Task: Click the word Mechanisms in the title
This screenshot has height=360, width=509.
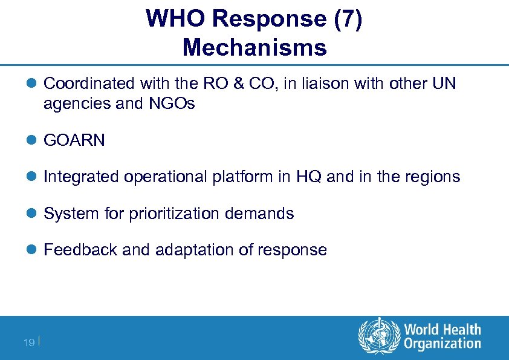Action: click(x=254, y=47)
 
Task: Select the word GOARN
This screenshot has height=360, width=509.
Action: click(x=74, y=141)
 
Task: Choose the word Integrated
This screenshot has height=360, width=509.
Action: click(x=81, y=177)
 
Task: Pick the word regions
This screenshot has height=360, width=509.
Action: click(x=433, y=177)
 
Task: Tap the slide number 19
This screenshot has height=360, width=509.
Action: click(x=28, y=342)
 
